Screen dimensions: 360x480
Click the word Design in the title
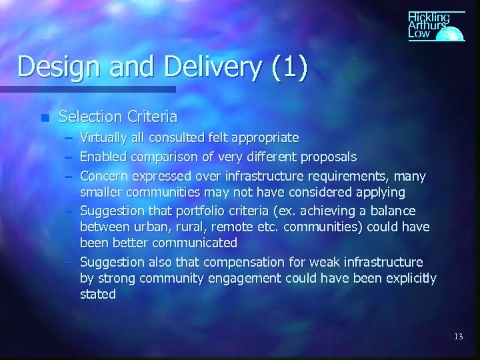pyautogui.click(x=52, y=68)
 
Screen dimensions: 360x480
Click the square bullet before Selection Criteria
pyautogui.click(x=45, y=118)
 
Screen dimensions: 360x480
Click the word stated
pyautogui.click(x=98, y=295)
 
